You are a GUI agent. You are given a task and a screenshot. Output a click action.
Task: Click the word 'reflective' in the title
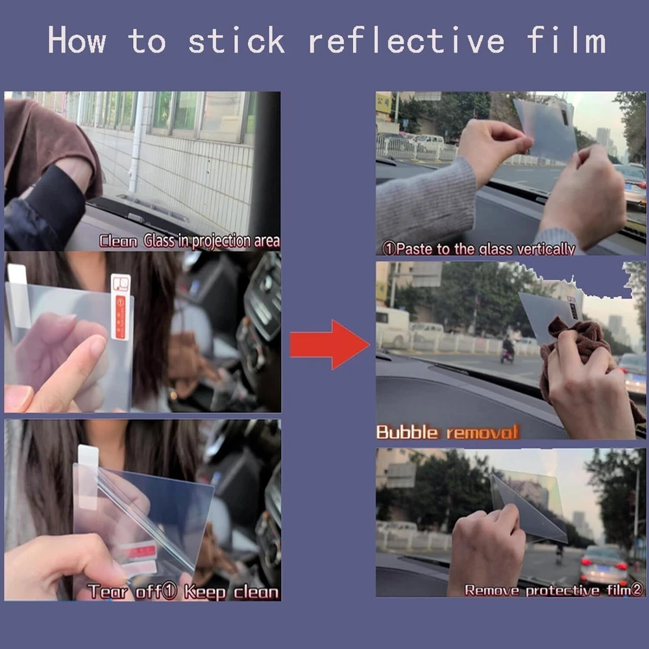tap(406, 40)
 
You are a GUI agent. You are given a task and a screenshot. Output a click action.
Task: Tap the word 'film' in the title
tap(566, 40)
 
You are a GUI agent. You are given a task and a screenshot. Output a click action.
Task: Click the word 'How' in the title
tap(77, 40)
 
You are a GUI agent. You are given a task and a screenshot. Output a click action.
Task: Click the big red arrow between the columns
tap(330, 345)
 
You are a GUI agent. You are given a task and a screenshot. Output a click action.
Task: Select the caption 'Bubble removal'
tap(447, 432)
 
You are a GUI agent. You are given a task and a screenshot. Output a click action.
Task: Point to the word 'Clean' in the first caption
tap(118, 241)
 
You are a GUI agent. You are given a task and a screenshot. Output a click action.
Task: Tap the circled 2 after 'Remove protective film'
tap(637, 589)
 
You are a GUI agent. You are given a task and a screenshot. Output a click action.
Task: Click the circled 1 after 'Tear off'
tap(169, 591)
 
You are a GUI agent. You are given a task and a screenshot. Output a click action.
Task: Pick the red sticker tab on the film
tap(121, 317)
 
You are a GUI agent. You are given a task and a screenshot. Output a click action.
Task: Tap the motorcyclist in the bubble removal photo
tap(508, 350)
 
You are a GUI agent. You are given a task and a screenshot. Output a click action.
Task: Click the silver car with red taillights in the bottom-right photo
tap(604, 564)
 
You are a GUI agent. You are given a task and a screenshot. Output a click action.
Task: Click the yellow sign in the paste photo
tap(384, 103)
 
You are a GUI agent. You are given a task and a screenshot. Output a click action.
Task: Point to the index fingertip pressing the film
tap(98, 345)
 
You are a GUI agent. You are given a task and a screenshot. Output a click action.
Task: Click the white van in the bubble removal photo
tap(392, 327)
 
